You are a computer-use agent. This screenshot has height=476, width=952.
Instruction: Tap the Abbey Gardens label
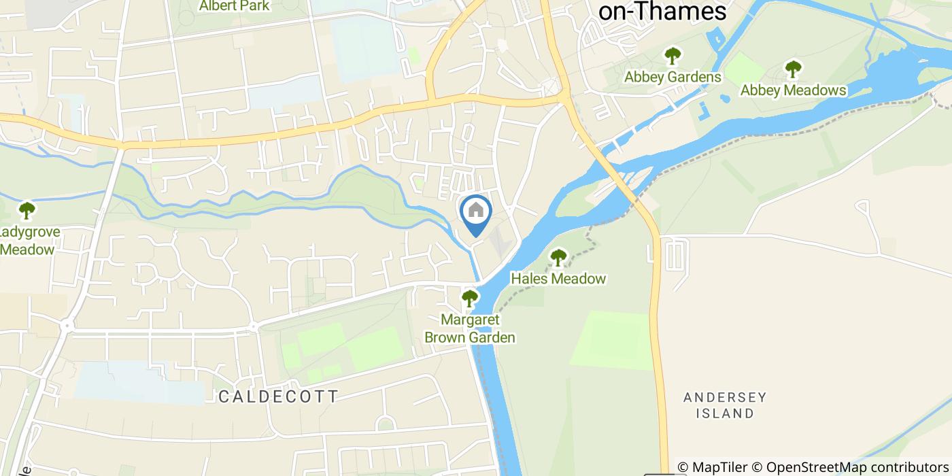tap(673, 77)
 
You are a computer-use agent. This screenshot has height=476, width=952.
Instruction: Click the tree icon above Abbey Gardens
tap(673, 55)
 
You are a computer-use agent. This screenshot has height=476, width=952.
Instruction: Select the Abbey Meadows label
tap(793, 90)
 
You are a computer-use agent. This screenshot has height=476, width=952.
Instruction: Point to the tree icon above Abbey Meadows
tap(793, 69)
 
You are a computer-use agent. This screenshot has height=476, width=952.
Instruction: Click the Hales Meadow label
tap(558, 278)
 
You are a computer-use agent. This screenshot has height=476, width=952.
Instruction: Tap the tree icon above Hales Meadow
tap(558, 257)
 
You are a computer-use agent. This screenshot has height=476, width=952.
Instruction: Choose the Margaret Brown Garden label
tap(469, 328)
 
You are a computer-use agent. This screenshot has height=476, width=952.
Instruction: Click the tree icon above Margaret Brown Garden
tap(469, 298)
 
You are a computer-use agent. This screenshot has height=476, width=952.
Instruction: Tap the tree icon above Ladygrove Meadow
tap(27, 209)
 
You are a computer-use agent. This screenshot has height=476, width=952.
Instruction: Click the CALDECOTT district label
tap(278, 396)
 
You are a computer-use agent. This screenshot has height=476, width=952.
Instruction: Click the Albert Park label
tap(234, 6)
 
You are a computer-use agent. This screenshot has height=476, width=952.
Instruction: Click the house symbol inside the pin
tap(476, 209)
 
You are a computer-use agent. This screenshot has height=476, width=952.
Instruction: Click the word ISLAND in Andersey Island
tap(729, 413)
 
